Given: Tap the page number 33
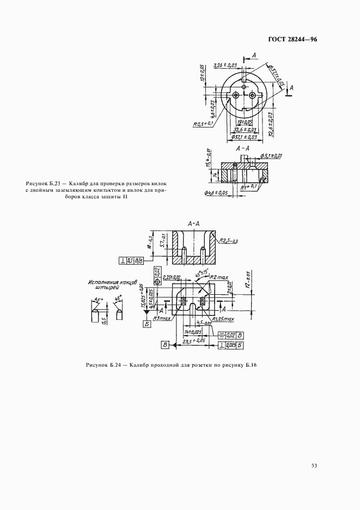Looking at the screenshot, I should click(314, 465).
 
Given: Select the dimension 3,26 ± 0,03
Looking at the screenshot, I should click(226, 65).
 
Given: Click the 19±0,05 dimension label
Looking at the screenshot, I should click(245, 123).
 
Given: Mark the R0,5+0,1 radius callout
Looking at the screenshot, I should click(203, 124).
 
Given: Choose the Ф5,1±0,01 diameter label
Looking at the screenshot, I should click(271, 156).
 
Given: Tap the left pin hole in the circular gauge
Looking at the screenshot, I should click(236, 95).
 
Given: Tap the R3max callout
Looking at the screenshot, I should click(162, 317).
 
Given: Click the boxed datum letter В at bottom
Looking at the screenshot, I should click(163, 344).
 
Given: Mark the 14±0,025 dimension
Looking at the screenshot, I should click(193, 331).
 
